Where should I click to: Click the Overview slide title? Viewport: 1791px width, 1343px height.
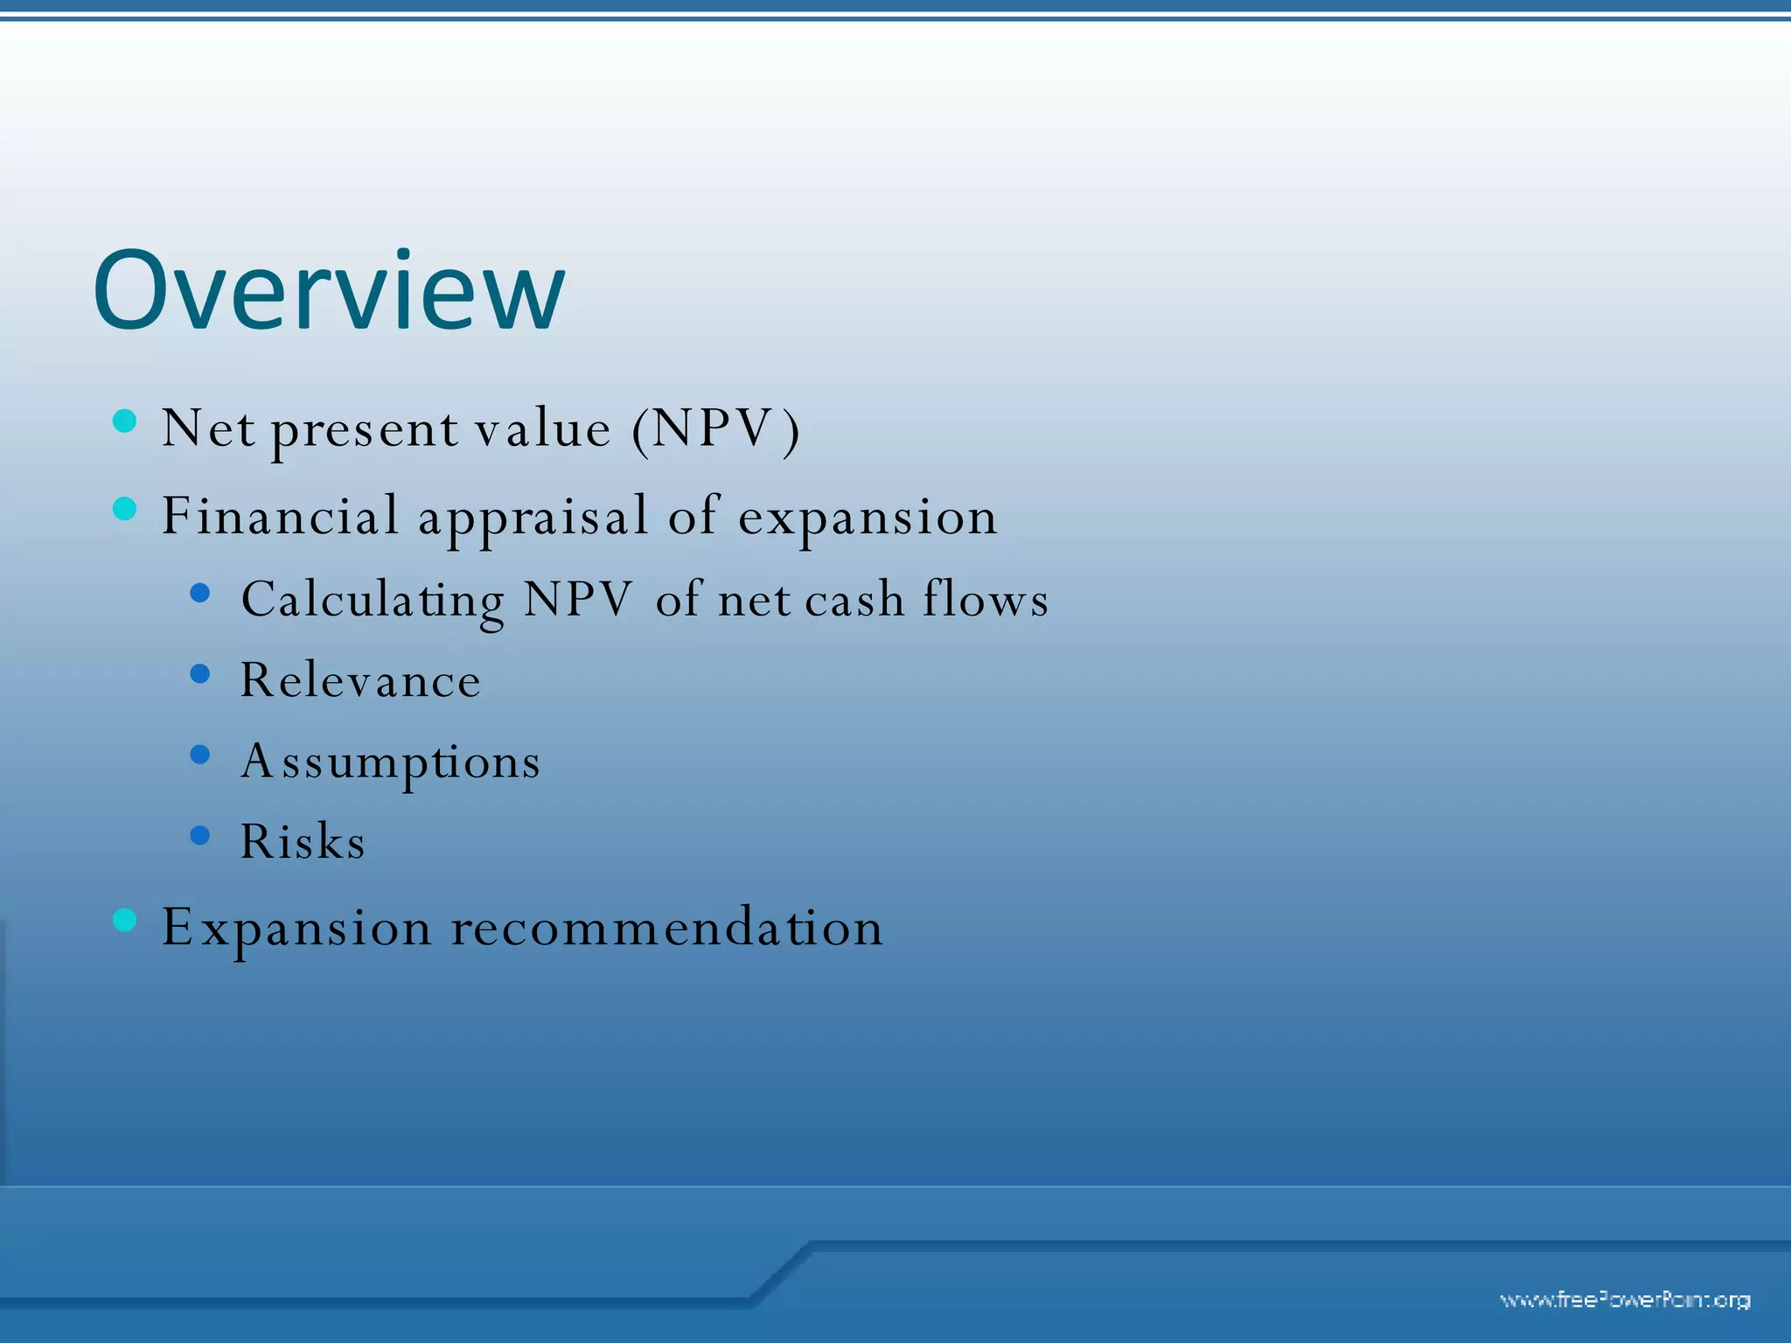coord(329,291)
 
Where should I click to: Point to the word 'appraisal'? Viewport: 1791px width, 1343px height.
coord(533,518)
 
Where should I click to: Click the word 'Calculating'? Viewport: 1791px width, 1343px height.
coord(373,601)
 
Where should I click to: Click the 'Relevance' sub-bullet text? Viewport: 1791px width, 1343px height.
coord(360,680)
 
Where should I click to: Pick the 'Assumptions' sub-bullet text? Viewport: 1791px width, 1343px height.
coord(390,762)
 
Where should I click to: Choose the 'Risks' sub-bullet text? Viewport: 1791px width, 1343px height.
coord(303,841)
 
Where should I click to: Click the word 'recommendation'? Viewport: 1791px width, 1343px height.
coord(666,927)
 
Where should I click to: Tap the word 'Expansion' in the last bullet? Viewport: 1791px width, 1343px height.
coord(296,929)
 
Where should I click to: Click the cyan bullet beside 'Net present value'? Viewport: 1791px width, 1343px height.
coord(125,421)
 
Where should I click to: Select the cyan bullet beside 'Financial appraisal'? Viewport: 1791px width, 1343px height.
coord(125,508)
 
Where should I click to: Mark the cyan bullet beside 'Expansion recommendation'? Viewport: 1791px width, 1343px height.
coord(125,920)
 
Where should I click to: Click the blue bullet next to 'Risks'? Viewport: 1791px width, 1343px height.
coord(200,835)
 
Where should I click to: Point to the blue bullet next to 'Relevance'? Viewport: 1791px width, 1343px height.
coord(200,673)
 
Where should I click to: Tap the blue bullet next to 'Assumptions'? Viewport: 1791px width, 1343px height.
coord(200,755)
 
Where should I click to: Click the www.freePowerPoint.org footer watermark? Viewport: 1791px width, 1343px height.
coord(1625,1300)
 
